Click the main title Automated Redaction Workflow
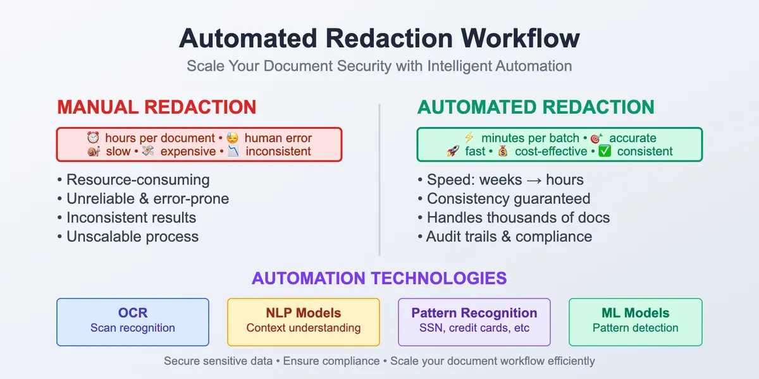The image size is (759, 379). [x=379, y=39]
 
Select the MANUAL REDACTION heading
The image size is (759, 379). [x=156, y=107]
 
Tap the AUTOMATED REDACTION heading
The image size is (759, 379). [x=535, y=107]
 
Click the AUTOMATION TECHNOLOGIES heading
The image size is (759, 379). [x=379, y=278]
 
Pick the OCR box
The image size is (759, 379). [x=133, y=322]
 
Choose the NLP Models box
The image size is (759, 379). [x=304, y=322]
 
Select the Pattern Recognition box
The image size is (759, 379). [x=474, y=322]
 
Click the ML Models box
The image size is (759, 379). [x=635, y=322]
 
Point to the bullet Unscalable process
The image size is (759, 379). [x=132, y=237]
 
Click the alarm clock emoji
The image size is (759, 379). [x=93, y=138]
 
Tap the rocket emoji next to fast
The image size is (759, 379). [x=453, y=152]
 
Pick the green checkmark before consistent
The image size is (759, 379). [x=605, y=152]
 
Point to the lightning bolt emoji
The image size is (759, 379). [x=469, y=138]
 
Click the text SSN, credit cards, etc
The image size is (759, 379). [x=474, y=328]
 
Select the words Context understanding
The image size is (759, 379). [x=304, y=328]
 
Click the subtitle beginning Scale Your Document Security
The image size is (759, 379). [x=379, y=66]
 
